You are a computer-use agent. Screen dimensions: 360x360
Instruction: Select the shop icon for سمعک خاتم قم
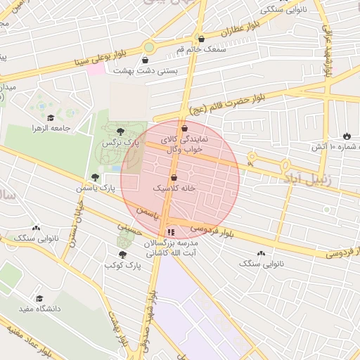(x=202, y=39)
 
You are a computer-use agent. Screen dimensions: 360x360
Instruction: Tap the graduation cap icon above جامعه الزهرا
(x=50, y=117)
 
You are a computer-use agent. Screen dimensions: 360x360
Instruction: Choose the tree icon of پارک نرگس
(x=121, y=131)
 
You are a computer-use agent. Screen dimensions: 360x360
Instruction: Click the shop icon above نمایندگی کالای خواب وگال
(x=184, y=129)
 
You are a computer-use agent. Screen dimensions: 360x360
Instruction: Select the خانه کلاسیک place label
(x=172, y=189)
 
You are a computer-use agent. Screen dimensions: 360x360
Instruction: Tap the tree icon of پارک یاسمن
(x=95, y=178)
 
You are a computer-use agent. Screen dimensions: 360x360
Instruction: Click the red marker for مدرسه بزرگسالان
(x=170, y=231)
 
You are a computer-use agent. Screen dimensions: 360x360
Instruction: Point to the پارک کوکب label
(x=123, y=265)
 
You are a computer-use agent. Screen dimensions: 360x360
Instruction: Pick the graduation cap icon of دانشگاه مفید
(x=39, y=298)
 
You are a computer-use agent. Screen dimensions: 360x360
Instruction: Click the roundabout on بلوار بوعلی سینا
(x=148, y=48)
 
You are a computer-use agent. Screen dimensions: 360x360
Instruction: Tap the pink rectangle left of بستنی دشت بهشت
(x=96, y=69)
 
